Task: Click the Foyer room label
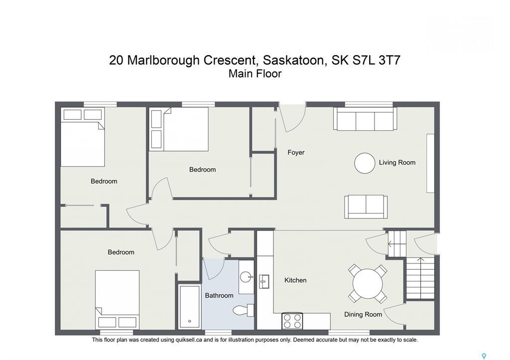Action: pyautogui.click(x=296, y=152)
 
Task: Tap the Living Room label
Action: pyautogui.click(x=397, y=162)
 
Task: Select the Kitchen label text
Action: pyautogui.click(x=295, y=280)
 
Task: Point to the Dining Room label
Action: pyautogui.click(x=363, y=314)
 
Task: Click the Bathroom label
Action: pyautogui.click(x=219, y=295)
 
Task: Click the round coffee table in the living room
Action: pyautogui.click(x=365, y=163)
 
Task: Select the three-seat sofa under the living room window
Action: pyautogui.click(x=365, y=120)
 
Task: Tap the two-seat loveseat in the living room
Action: pyautogui.click(x=366, y=206)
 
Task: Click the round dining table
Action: pyautogui.click(x=368, y=284)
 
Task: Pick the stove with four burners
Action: pyautogui.click(x=292, y=321)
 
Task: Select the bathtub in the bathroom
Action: pyautogui.click(x=190, y=306)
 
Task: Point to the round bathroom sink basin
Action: pyautogui.click(x=246, y=276)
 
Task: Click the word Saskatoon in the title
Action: pyautogui.click(x=295, y=60)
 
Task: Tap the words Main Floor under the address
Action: pyautogui.click(x=255, y=74)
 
